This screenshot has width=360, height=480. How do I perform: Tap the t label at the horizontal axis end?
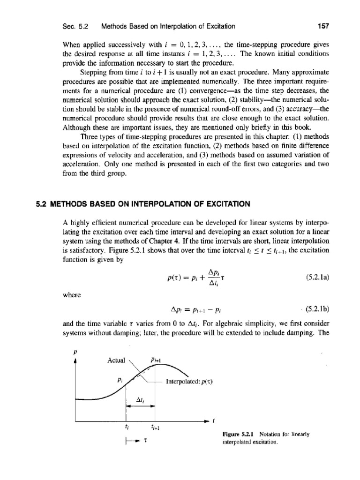[x=213, y=421]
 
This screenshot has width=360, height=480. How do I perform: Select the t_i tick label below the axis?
[x=127, y=428]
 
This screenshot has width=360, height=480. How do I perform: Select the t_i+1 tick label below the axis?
[x=155, y=428]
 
